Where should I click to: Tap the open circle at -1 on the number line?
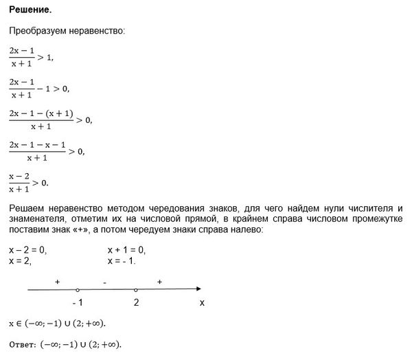[x=78, y=290]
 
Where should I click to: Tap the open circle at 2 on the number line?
[x=136, y=290]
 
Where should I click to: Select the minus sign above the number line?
[x=104, y=282]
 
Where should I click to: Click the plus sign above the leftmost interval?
[x=57, y=282]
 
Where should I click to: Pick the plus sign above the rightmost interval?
[x=159, y=282]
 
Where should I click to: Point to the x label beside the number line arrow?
[x=201, y=303]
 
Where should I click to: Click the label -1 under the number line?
[x=77, y=303]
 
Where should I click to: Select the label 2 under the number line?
[x=137, y=303]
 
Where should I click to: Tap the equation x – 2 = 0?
[x=27, y=249]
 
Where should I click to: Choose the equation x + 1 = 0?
[x=127, y=249]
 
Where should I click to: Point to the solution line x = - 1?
[x=122, y=261]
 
